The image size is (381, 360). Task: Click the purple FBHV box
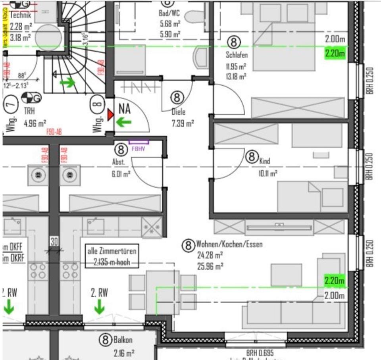pyautogui.click(x=139, y=141)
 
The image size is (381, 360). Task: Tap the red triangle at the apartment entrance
pyautogui.click(x=110, y=115)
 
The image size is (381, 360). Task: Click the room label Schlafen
pyautogui.click(x=237, y=56)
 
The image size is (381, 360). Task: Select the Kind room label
pyautogui.click(x=265, y=161)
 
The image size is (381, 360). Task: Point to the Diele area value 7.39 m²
pyautogui.click(x=183, y=124)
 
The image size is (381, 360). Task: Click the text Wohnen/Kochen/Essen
pyautogui.click(x=229, y=244)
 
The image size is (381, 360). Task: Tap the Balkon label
pyautogui.click(x=123, y=340)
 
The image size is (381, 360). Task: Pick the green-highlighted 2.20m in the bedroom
pyautogui.click(x=335, y=53)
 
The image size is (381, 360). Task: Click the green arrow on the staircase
pyautogui.click(x=67, y=83)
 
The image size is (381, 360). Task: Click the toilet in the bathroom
pyautogui.click(x=197, y=16)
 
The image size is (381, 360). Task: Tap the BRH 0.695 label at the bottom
pyautogui.click(x=260, y=353)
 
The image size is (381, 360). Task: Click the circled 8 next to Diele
pyautogui.click(x=177, y=97)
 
